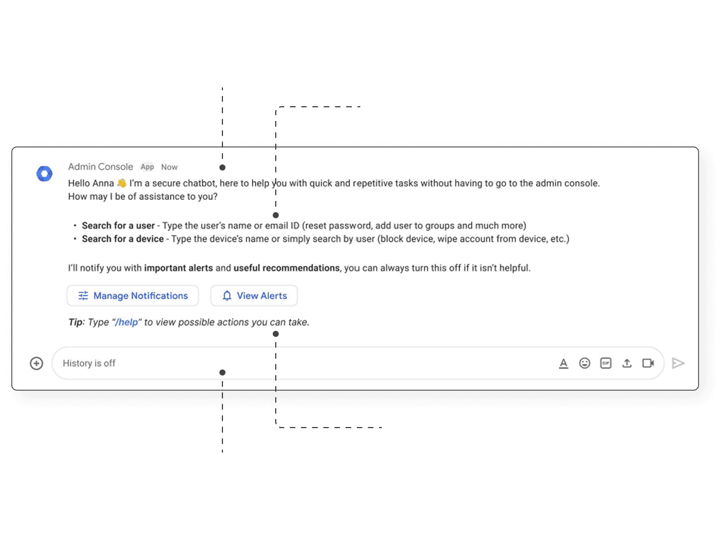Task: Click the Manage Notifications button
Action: pos(133,296)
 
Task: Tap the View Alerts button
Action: pos(254,296)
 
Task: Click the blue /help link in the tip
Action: pos(127,323)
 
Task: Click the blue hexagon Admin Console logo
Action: pos(44,174)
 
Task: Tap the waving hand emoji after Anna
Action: pos(121,183)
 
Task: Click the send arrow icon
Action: pos(678,363)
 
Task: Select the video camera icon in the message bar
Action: pos(648,363)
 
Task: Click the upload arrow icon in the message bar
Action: pos(627,363)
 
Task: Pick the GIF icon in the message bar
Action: pos(606,363)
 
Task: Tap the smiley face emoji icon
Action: pos(584,363)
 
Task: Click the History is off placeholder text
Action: pos(89,363)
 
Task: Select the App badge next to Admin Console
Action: pos(148,167)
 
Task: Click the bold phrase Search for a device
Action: pos(123,239)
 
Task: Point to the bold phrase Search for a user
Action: pos(118,225)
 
